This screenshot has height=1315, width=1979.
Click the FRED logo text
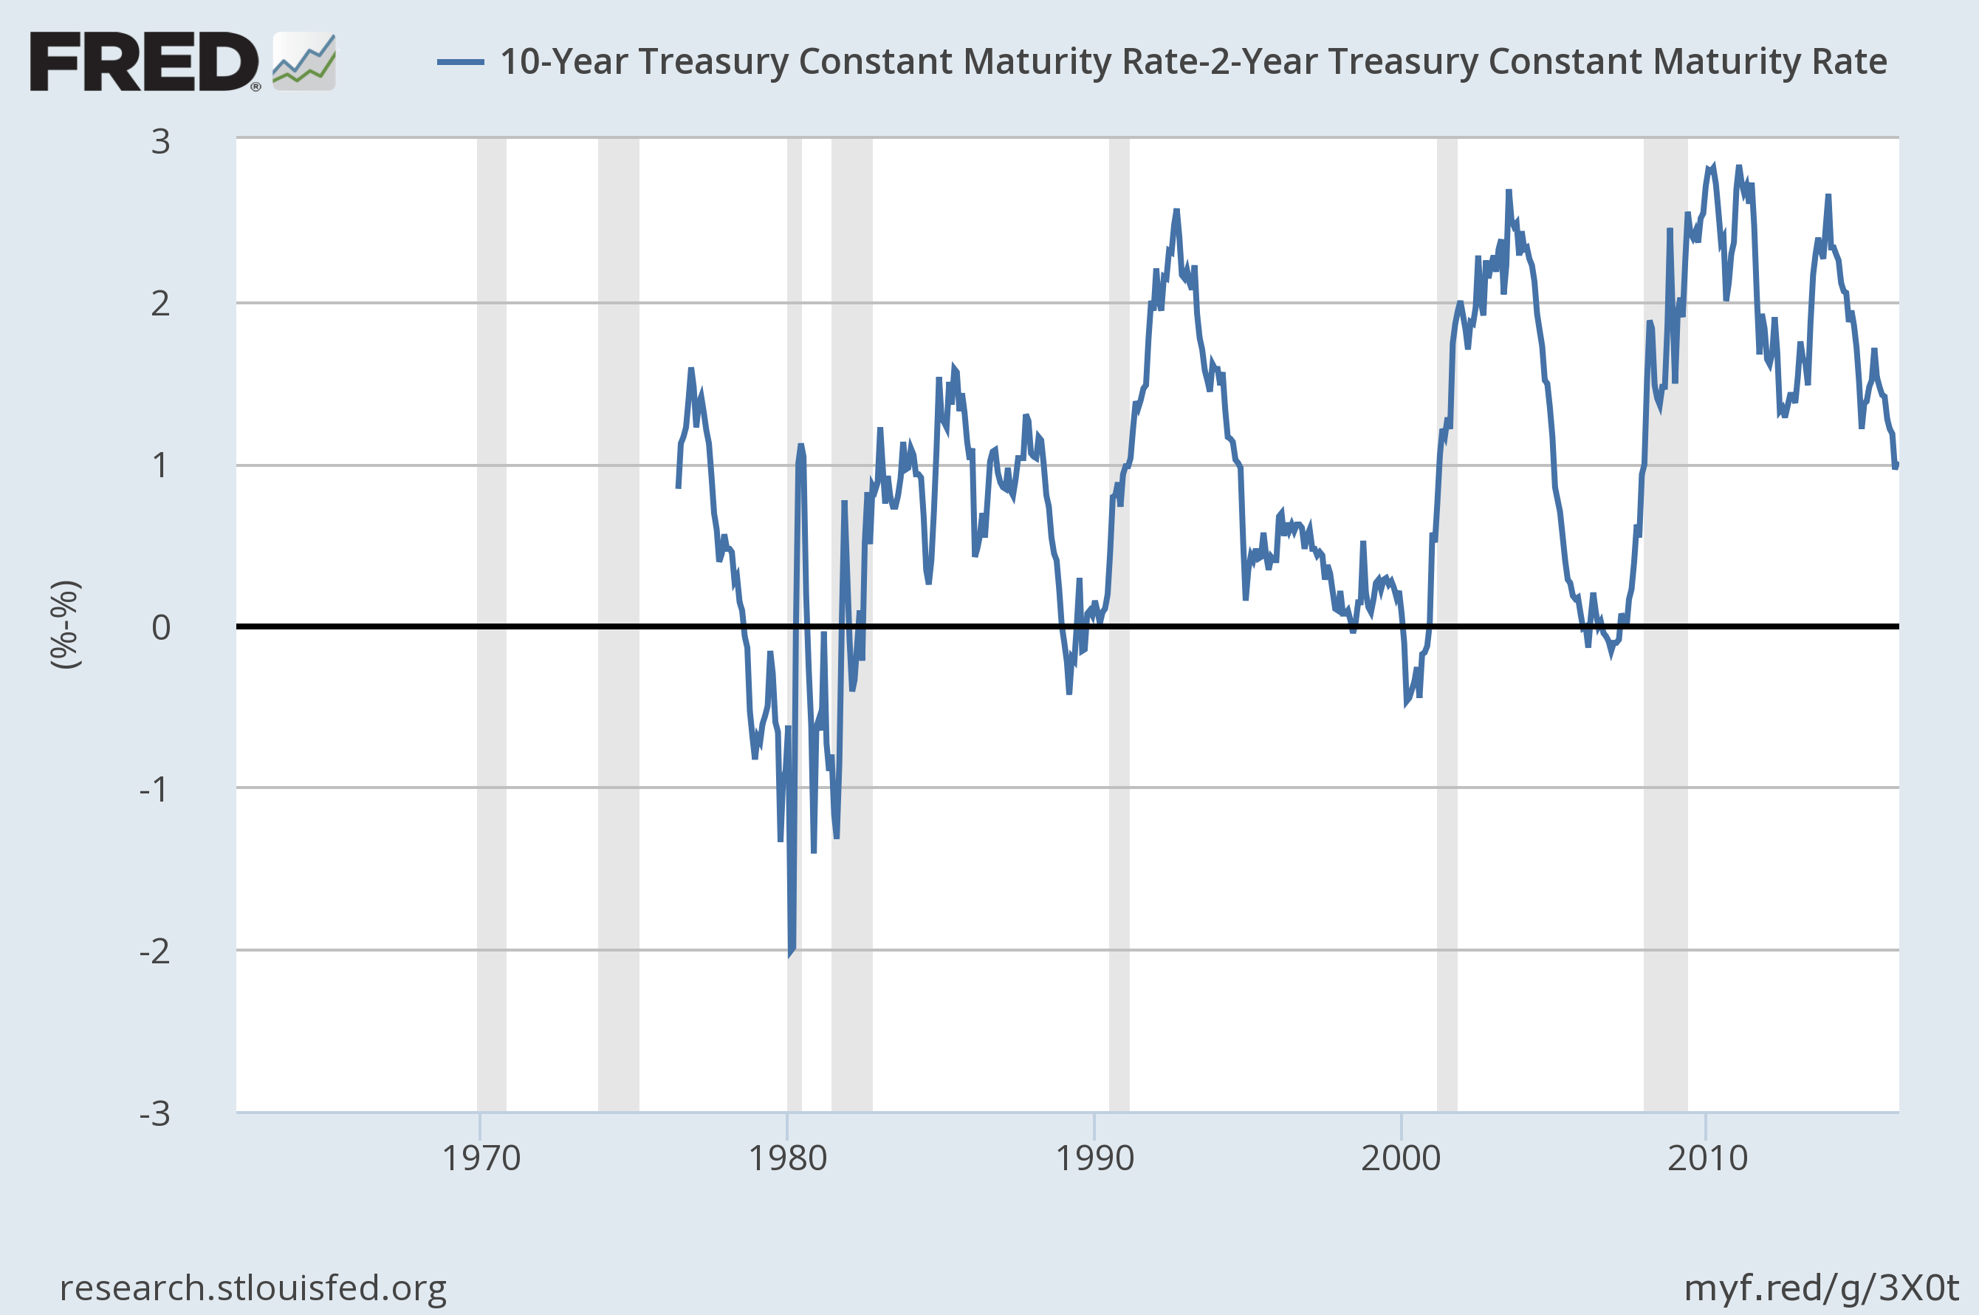pyautogui.click(x=144, y=61)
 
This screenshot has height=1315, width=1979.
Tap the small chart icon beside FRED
pyautogui.click(x=304, y=61)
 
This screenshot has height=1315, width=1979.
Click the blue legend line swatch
pyautogui.click(x=460, y=62)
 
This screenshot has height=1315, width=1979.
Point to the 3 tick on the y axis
pyautogui.click(x=160, y=142)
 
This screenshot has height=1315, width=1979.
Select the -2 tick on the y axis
pyautogui.click(x=155, y=951)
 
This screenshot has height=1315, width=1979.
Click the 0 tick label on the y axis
pyautogui.click(x=160, y=627)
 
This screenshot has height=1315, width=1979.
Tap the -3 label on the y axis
pyautogui.click(x=155, y=1114)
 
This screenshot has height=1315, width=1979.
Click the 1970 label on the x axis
pyautogui.click(x=480, y=1159)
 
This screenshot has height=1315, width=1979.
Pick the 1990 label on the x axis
pyautogui.click(x=1094, y=1159)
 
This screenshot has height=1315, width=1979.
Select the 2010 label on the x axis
pyautogui.click(x=1707, y=1159)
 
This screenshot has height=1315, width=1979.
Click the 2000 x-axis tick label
pyautogui.click(x=1401, y=1159)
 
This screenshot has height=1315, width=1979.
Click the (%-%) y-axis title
pyautogui.click(x=66, y=625)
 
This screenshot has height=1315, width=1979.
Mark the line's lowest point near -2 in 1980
pyautogui.click(x=790, y=954)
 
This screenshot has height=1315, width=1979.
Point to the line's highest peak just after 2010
pyautogui.click(x=1712, y=166)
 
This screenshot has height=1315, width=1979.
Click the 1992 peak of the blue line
pyautogui.click(x=1176, y=211)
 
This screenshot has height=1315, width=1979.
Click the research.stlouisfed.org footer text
pyautogui.click(x=253, y=1288)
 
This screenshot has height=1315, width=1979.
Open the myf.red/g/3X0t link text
pyautogui.click(x=1820, y=1288)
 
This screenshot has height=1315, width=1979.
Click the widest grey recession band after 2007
pyautogui.click(x=1664, y=625)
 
